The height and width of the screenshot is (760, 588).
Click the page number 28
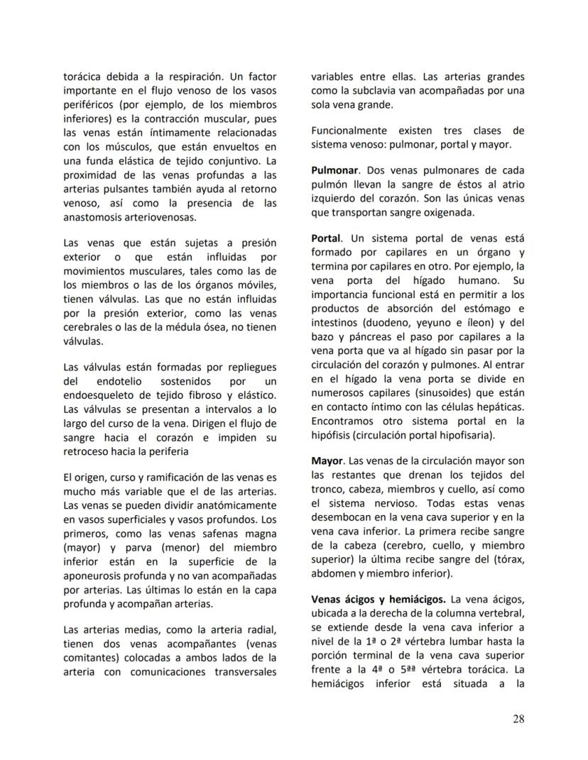[x=518, y=719]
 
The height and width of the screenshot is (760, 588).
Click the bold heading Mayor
[x=327, y=461]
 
